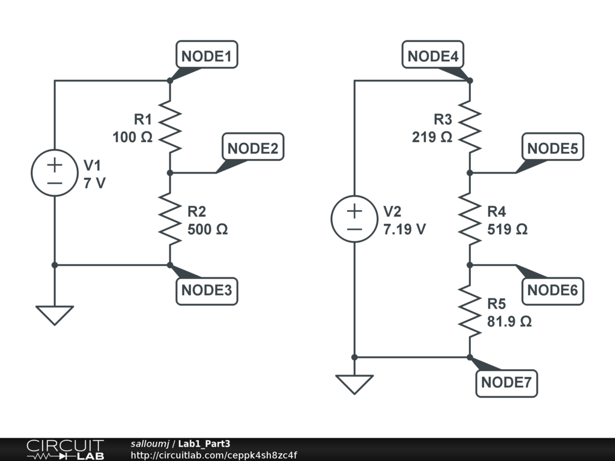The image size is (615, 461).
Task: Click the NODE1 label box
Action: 207,56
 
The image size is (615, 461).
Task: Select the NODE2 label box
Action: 253,148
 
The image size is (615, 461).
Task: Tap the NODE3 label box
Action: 207,290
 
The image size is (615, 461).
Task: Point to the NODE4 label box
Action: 432,56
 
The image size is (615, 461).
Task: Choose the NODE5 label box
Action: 553,148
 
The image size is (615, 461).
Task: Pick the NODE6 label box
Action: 553,291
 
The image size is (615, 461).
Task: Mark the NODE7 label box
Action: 506,382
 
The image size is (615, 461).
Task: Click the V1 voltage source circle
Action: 55,173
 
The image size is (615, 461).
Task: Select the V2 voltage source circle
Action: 354,218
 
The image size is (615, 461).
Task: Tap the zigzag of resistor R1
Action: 170,127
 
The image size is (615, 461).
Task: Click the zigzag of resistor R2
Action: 170,218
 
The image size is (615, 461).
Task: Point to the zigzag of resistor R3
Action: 470,127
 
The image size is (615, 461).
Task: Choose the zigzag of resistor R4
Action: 470,218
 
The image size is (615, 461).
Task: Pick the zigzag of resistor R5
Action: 470,311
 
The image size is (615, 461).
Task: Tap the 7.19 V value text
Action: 405,229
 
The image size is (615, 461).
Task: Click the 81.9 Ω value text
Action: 509,321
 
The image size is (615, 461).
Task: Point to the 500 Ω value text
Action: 208,229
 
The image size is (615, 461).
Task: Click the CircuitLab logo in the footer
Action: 65,450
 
